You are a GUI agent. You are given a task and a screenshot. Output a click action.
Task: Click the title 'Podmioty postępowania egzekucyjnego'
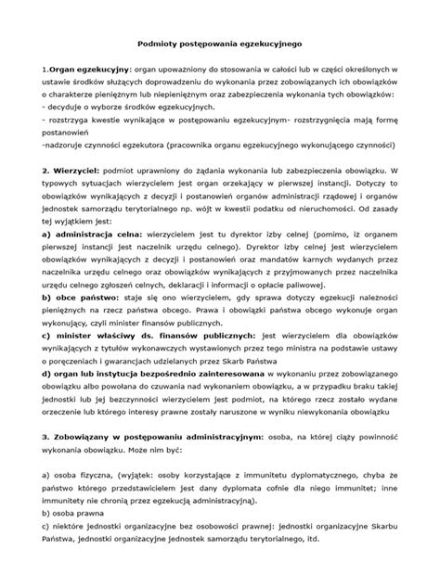pyautogui.click(x=219, y=43)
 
